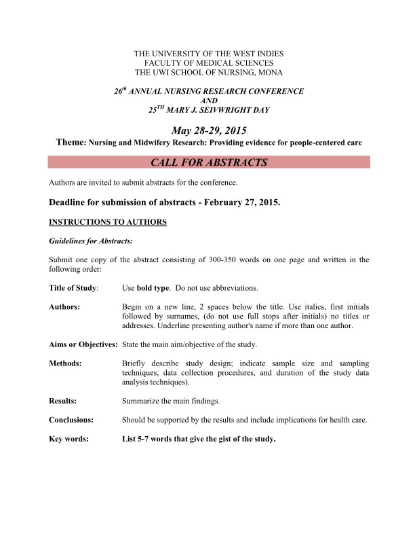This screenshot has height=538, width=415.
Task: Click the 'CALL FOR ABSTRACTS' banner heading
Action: pos(209,162)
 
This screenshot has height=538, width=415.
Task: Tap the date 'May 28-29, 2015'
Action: pos(209,130)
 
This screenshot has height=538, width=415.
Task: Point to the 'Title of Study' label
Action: pos(73,288)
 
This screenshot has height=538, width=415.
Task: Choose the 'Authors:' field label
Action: pos(65,307)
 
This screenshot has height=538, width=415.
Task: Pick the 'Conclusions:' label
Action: pos(71,420)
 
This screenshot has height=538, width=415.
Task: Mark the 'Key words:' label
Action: pos(68,439)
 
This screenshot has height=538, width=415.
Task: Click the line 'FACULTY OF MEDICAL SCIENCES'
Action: pos(209,62)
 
